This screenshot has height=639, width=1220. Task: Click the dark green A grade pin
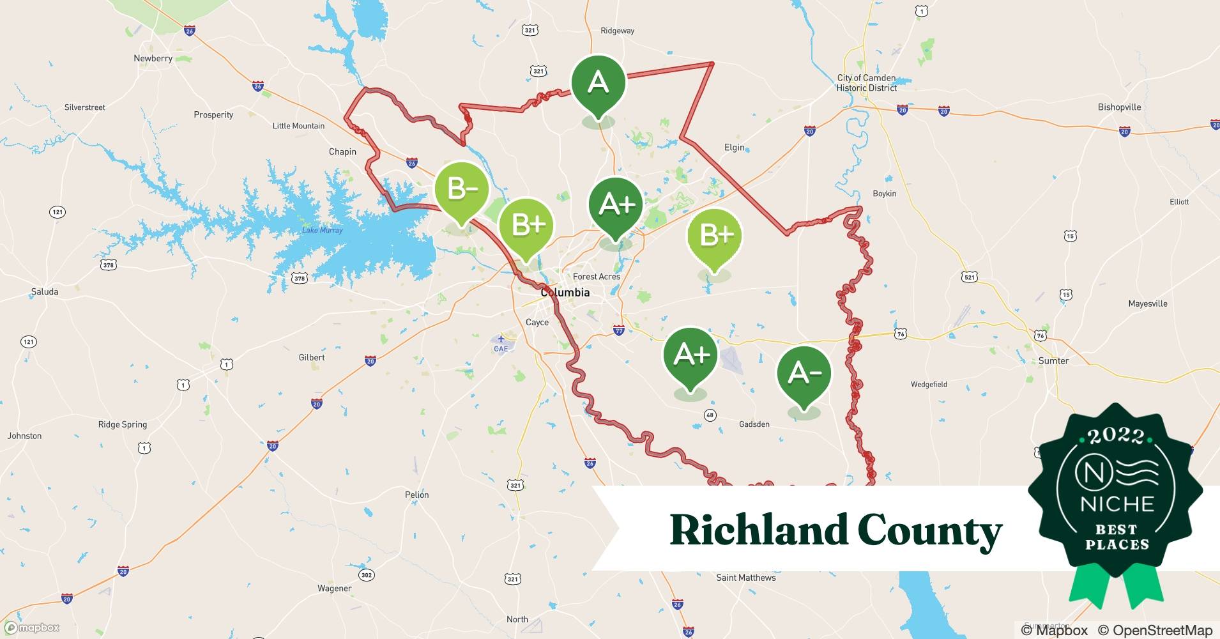click(x=598, y=84)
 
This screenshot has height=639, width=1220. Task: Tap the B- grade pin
click(x=461, y=190)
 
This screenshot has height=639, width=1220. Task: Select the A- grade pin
click(x=804, y=374)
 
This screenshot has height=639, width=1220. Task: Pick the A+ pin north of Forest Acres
click(x=614, y=206)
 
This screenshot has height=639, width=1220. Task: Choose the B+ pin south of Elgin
click(x=714, y=236)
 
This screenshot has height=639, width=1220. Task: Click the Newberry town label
click(x=153, y=58)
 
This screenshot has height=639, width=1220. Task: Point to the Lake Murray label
click(x=322, y=230)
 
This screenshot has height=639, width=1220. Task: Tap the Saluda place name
click(x=45, y=291)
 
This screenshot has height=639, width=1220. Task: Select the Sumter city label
click(x=1053, y=360)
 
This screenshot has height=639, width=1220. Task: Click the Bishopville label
click(x=1119, y=107)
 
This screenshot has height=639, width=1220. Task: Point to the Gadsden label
click(x=754, y=424)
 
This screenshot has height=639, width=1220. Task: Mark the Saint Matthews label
click(x=745, y=578)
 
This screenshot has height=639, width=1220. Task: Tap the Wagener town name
click(x=334, y=589)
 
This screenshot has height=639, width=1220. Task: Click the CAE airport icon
click(x=501, y=339)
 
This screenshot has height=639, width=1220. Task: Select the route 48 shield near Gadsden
click(x=710, y=415)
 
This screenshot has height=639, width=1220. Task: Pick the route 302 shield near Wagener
click(x=366, y=575)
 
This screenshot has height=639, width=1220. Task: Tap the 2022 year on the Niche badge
click(x=1116, y=436)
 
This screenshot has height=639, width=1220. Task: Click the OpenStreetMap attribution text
click(x=1162, y=630)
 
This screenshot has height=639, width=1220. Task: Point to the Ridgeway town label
click(x=617, y=31)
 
